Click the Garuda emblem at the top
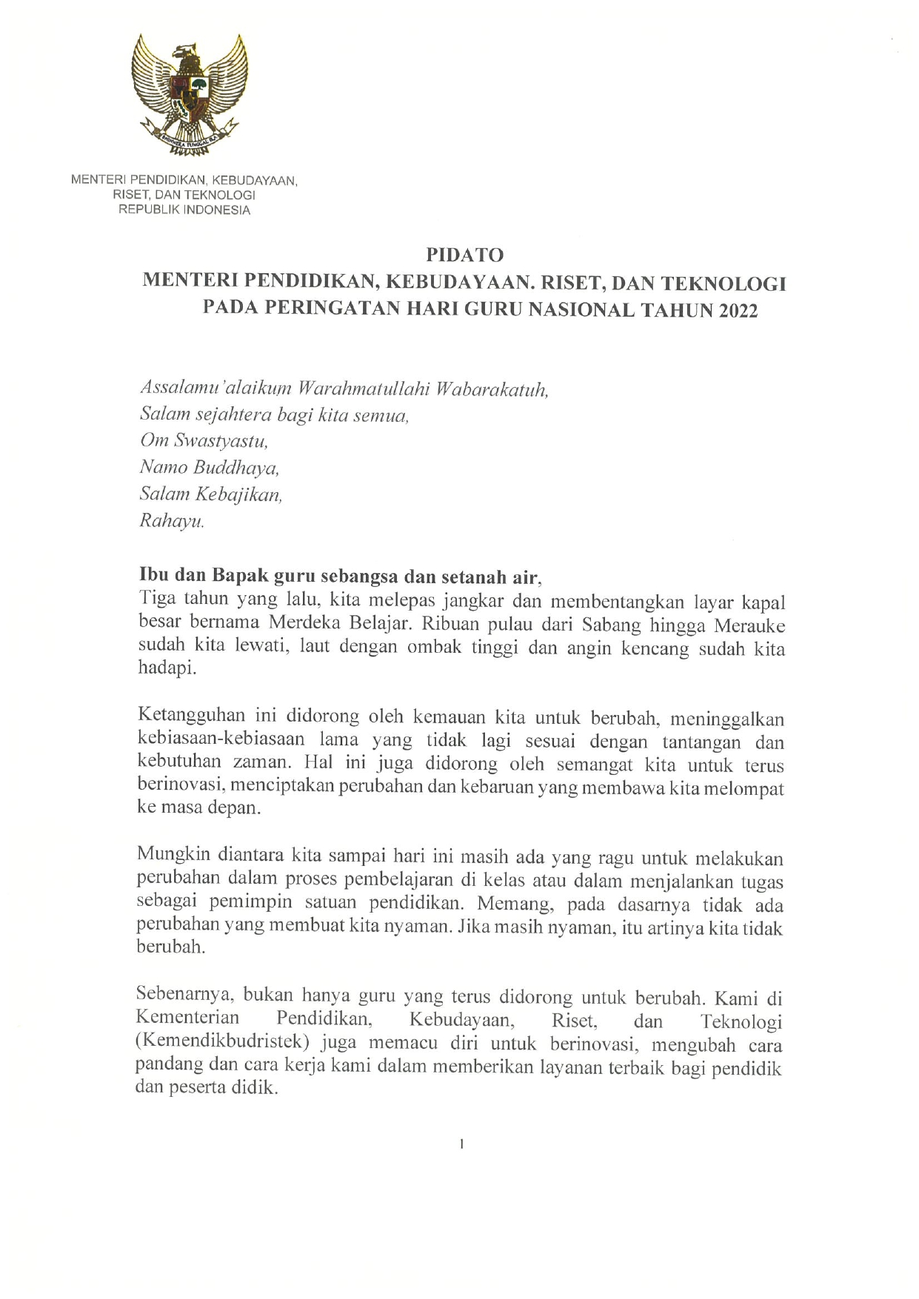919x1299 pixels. (188, 94)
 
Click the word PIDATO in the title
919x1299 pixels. (464, 255)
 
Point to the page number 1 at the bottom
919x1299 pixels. (461, 1144)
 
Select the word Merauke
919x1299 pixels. (749, 625)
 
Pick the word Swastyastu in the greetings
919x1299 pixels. (221, 441)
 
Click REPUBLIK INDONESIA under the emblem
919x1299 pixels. (184, 210)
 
